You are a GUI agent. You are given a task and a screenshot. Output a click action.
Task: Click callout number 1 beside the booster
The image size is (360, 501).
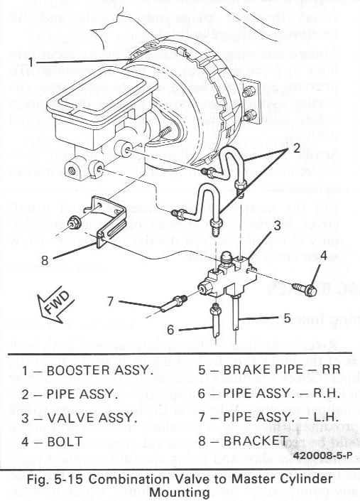[x=34, y=62]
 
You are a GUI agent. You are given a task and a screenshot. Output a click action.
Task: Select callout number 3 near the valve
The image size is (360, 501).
[x=278, y=225]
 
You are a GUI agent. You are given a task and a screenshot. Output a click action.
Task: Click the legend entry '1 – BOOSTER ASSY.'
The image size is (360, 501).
[x=87, y=370]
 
